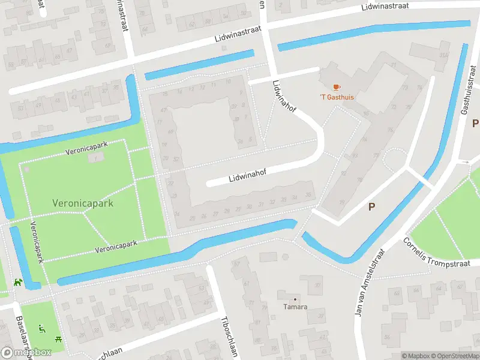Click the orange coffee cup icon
point(335,87)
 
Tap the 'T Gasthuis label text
point(336,98)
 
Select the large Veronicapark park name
point(83,203)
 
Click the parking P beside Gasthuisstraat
point(475,124)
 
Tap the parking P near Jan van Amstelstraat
point(371,206)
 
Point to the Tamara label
point(295,307)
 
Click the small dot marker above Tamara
point(295,299)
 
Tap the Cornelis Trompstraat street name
point(441,251)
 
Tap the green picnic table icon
point(58,339)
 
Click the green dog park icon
point(19,281)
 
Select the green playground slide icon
point(41,328)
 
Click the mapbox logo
point(26,353)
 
